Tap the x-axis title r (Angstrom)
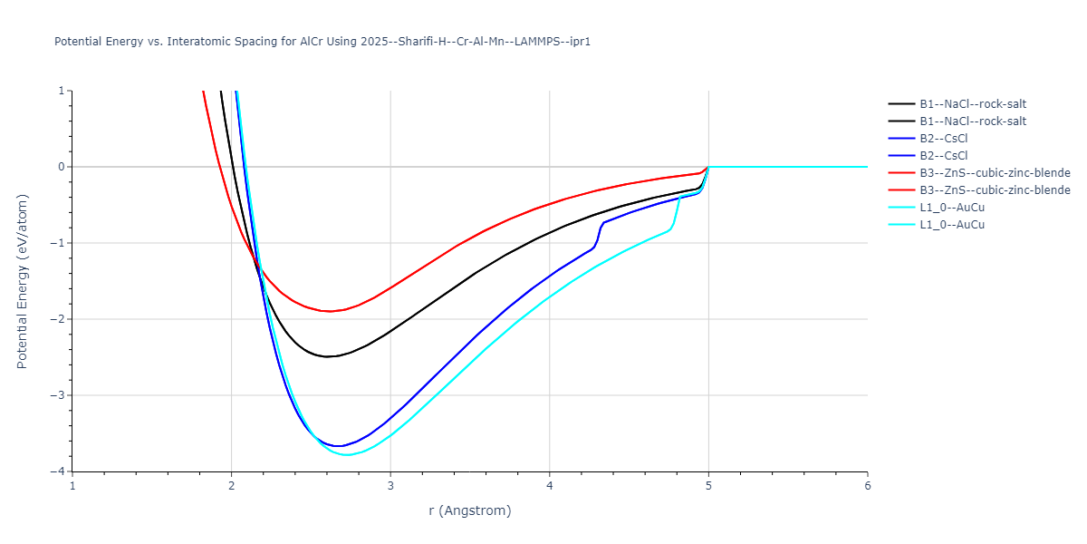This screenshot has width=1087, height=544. pos(470,510)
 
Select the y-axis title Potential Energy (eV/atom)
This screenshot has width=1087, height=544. pos(23,281)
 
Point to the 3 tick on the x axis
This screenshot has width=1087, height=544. pos(390,485)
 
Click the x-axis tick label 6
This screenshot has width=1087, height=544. pos(867,485)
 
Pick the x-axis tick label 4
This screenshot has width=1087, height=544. pos(550,485)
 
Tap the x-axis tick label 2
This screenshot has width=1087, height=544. pos(232,485)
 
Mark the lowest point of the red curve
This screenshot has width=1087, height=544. pos(331,311)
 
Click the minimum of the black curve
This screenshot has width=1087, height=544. pos(328,356)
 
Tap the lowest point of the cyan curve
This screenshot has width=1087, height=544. pos(347,454)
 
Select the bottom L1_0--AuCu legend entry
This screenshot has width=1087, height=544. pos(951,225)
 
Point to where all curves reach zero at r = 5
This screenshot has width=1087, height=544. pos(708,167)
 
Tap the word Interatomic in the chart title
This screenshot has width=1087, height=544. pos(182,42)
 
